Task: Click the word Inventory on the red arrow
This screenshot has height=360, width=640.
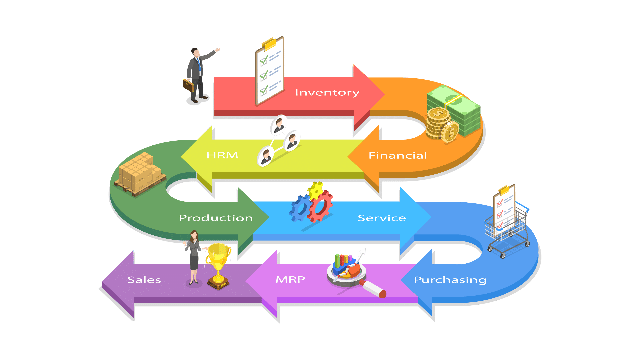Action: [x=327, y=93]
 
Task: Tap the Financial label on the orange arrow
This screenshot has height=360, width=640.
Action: [x=398, y=156]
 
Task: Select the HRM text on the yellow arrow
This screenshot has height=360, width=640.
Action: [x=222, y=155]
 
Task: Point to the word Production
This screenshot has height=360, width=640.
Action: [x=216, y=218]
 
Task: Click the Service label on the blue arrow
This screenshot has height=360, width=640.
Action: [x=382, y=218]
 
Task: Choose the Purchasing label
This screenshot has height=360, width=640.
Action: [x=450, y=280]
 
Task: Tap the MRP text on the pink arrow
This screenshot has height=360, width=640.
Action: [x=290, y=279]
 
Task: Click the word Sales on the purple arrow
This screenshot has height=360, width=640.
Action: [x=144, y=280]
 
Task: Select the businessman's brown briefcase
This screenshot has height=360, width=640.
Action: [x=188, y=85]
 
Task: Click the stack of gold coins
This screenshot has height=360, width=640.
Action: [x=438, y=123]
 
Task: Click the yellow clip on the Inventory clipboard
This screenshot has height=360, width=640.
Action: [x=270, y=43]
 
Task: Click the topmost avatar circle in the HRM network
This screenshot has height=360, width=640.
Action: [x=279, y=124]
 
